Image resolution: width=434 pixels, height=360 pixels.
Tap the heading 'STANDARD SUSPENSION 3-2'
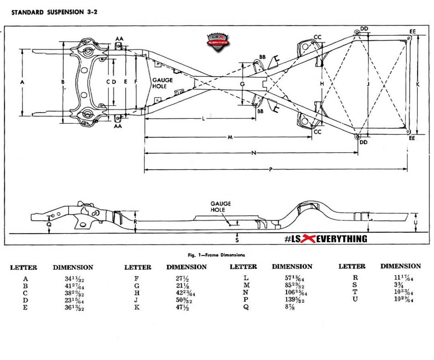(54, 12)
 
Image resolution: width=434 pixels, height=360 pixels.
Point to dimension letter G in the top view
(242, 84)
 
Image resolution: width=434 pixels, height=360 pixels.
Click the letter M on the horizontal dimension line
(230, 137)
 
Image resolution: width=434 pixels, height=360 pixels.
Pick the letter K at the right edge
(418, 85)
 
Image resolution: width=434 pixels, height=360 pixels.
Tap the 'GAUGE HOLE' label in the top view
(162, 83)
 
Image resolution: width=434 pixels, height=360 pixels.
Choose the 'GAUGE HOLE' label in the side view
(220, 207)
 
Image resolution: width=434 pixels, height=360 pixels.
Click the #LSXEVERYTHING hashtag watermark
(325, 239)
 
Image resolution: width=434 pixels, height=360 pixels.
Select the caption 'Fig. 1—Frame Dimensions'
(216, 255)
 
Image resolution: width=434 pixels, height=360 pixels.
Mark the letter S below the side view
(237, 240)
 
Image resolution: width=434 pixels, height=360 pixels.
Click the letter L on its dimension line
(204, 119)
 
